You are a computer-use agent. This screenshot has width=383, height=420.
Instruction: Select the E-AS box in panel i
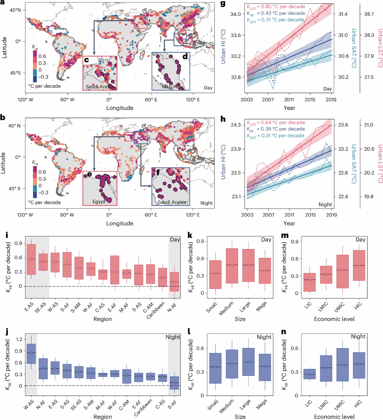[31, 259]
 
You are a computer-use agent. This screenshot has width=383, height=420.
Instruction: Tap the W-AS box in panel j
[31, 354]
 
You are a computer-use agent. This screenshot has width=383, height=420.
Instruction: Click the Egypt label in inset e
[99, 201]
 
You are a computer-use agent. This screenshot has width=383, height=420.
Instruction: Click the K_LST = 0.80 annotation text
[276, 7]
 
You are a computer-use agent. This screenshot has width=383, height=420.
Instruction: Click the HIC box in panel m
[359, 265]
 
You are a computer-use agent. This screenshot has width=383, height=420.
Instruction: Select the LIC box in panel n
[310, 374]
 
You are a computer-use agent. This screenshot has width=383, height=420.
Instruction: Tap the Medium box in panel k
[232, 266]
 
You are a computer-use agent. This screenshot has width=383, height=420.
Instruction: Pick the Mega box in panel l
[265, 367]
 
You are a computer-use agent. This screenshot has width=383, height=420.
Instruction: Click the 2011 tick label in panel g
[289, 99]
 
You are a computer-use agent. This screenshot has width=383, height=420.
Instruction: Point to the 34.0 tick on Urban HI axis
[236, 14]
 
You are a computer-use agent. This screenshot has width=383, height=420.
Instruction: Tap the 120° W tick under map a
[25, 99]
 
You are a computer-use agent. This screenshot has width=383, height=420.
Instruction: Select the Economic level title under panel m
[334, 319]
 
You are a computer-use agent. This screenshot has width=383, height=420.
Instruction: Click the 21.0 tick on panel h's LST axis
[369, 125]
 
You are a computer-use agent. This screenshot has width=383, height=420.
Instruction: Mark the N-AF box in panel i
[174, 282]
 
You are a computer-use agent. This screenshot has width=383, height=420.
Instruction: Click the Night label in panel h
[325, 204]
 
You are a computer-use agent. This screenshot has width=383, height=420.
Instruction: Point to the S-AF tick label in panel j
[172, 404]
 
